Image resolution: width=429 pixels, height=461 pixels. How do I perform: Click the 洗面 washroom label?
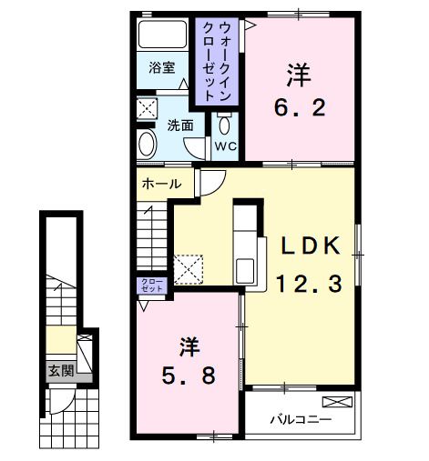(180, 125)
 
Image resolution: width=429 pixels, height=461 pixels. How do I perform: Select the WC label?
(224, 145)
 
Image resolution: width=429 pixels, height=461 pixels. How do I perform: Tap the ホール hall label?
(159, 185)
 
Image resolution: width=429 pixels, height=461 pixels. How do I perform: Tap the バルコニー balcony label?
(300, 420)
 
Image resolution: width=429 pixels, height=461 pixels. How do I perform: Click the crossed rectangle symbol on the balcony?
(334, 401)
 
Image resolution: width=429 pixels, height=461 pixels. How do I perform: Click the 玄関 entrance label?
(61, 370)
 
